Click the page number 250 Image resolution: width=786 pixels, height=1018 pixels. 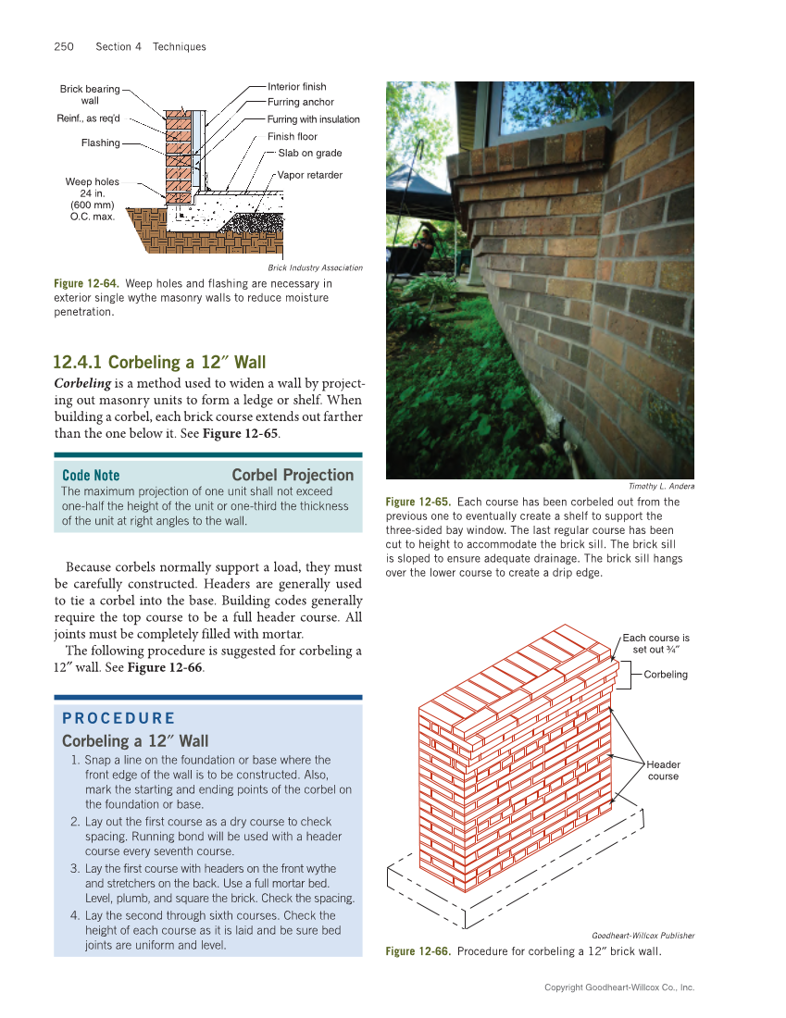click(x=64, y=46)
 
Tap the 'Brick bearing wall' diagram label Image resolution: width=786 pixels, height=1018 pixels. click(x=90, y=94)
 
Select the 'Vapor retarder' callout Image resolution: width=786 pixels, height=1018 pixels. click(x=309, y=175)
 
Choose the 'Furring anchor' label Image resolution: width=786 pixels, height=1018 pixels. click(x=300, y=102)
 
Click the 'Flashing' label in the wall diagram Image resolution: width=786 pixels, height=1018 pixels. click(x=100, y=143)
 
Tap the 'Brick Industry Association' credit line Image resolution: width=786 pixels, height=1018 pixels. click(x=315, y=267)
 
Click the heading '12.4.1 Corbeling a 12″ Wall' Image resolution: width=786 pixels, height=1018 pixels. click(x=159, y=362)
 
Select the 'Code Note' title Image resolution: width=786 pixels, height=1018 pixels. click(x=91, y=476)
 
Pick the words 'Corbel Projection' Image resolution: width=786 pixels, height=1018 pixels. click(x=293, y=475)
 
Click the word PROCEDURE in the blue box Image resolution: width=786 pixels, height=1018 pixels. click(x=119, y=718)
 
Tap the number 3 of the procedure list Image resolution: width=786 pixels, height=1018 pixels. click(x=74, y=869)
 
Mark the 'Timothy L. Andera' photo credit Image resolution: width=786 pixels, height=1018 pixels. click(x=661, y=486)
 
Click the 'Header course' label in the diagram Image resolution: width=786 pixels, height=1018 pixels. click(x=663, y=770)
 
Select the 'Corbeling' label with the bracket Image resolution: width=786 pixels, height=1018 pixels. click(x=666, y=675)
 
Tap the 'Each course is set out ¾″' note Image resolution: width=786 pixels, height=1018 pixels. click(x=655, y=643)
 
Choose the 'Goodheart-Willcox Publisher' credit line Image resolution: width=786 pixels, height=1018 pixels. click(x=643, y=936)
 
